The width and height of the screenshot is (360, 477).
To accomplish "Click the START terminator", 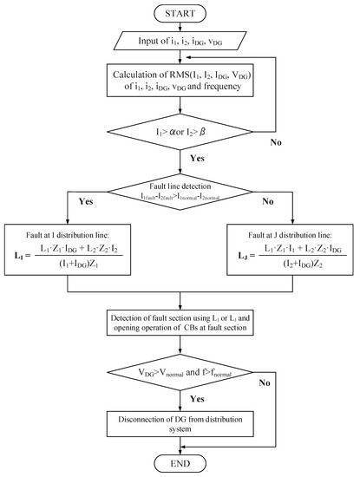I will pos(180,14).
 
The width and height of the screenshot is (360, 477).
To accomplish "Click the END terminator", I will pos(180,462).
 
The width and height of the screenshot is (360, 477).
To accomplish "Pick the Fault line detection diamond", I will pos(180,193).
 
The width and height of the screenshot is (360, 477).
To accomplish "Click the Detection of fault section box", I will pos(180,329).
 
